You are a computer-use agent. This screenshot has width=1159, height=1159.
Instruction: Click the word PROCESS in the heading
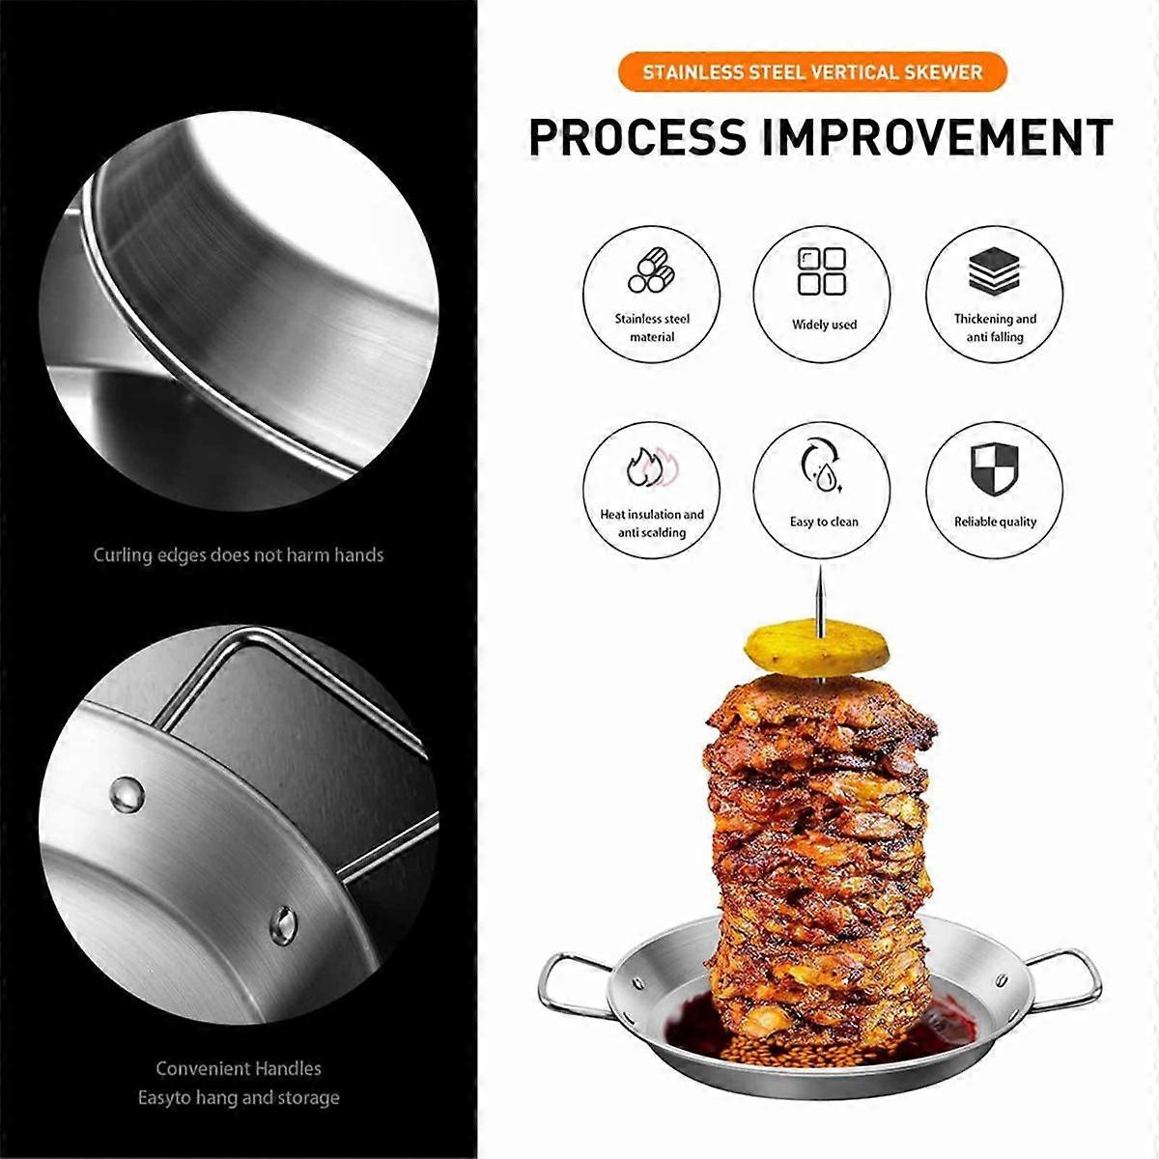click(x=638, y=136)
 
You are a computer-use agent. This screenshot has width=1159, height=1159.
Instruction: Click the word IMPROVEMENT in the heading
click(x=937, y=136)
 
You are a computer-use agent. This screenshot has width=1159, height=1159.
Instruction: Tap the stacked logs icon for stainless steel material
click(x=651, y=272)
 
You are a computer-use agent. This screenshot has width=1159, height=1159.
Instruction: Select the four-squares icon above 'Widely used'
click(x=822, y=271)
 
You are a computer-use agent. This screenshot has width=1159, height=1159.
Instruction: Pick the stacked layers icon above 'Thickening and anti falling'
click(x=994, y=270)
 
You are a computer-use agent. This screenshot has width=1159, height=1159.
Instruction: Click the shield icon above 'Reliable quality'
click(x=994, y=469)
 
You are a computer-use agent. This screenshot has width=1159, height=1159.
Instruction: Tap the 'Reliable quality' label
click(x=995, y=522)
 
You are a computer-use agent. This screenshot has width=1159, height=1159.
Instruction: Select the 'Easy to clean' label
click(x=824, y=522)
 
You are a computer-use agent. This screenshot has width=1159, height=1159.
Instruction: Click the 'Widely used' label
click(x=824, y=325)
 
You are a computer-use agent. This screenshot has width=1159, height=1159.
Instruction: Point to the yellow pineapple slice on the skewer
click(x=817, y=646)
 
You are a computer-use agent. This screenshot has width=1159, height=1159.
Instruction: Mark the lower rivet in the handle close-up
click(x=282, y=924)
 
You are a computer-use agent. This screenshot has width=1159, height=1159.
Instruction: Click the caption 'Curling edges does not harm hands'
click(x=239, y=555)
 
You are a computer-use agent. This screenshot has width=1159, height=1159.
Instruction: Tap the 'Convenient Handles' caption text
click(x=239, y=1068)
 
